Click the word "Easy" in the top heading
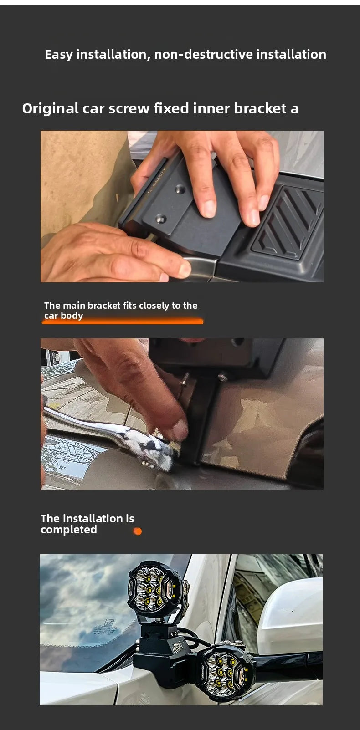coord(59,55)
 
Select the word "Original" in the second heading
coord(50,109)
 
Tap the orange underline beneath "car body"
coord(123,322)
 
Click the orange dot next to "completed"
coord(138,531)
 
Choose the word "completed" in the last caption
coord(69,530)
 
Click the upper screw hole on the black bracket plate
coord(180,189)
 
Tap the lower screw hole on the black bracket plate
coord(160,218)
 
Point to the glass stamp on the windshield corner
coord(105,628)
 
